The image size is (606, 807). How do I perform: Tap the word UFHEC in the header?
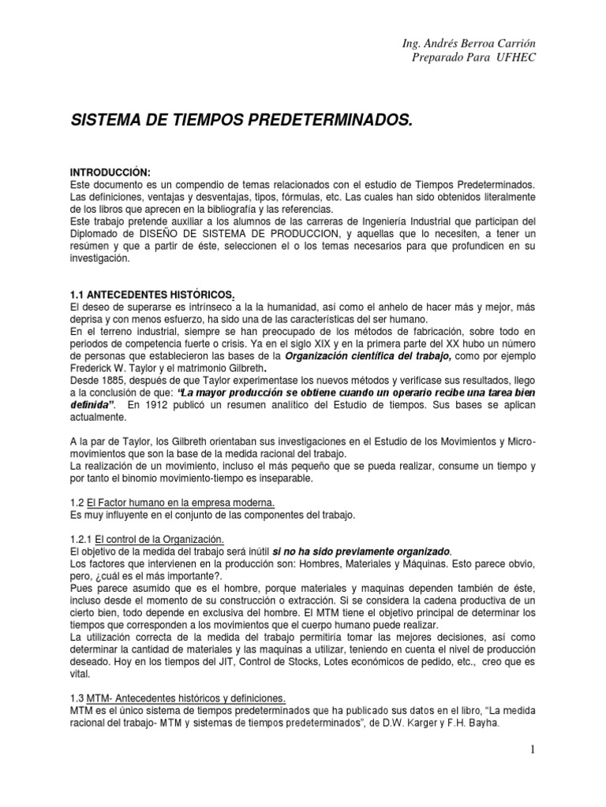516,58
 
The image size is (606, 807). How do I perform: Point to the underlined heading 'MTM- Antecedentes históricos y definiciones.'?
189,698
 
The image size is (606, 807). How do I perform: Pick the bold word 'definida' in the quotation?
93,404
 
